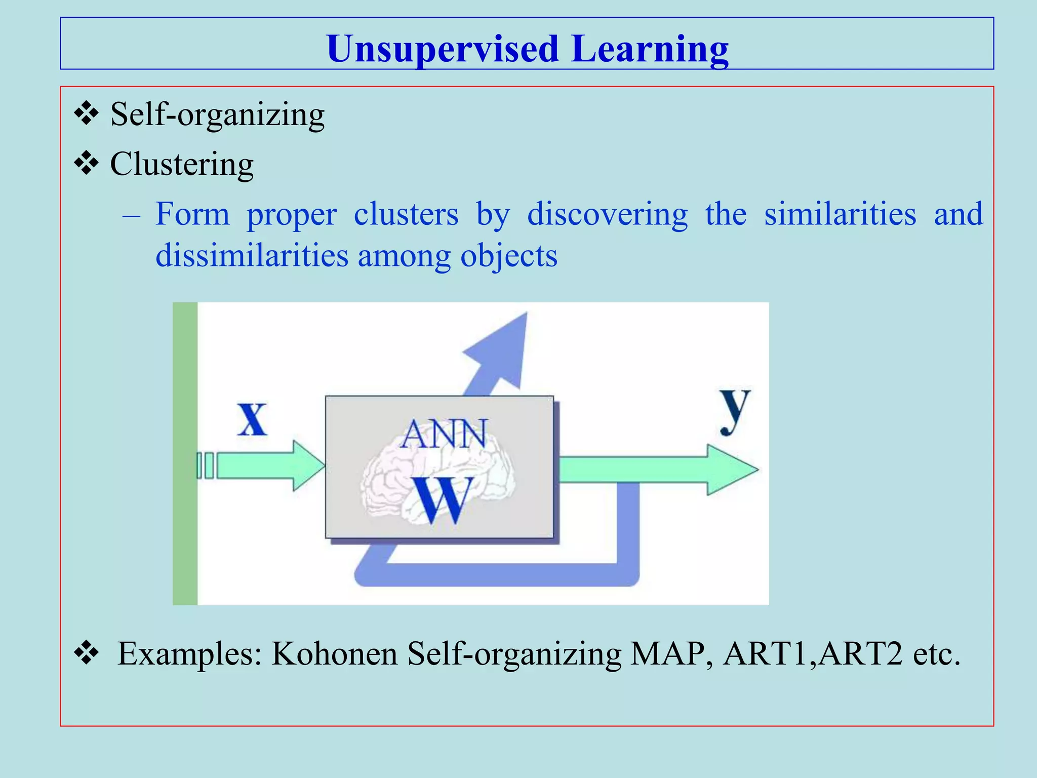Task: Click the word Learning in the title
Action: point(651,49)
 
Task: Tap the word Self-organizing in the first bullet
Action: point(217,114)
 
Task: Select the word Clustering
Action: point(182,165)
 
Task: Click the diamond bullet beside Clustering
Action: point(86,164)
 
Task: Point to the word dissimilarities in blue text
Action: point(252,255)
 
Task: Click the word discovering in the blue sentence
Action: point(607,214)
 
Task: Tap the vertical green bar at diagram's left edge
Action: point(185,453)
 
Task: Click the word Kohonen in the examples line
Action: point(335,653)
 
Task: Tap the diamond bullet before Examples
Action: point(86,652)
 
